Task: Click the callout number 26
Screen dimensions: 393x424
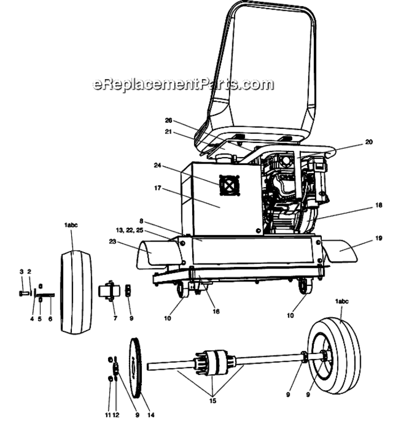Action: (x=169, y=120)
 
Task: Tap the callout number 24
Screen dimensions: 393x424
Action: (x=157, y=165)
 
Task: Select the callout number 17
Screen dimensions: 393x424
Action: (x=158, y=188)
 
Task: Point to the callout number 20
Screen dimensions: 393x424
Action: (x=369, y=142)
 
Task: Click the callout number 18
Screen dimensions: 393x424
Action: (x=379, y=205)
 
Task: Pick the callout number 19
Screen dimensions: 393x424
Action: (x=379, y=238)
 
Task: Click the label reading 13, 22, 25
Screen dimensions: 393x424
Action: (x=129, y=231)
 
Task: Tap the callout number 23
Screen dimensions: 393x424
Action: (x=113, y=241)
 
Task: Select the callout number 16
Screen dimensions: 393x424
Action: (x=216, y=311)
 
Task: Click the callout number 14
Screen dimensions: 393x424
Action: (x=151, y=415)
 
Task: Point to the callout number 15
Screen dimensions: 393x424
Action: (x=213, y=401)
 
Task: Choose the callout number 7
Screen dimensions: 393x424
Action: (x=115, y=318)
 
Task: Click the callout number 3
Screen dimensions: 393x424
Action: (x=21, y=272)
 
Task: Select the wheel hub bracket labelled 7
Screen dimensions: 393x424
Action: (x=109, y=291)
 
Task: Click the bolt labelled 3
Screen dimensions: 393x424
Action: (x=24, y=293)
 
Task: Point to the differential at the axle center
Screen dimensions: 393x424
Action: (x=215, y=363)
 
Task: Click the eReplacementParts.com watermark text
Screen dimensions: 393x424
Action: (x=183, y=84)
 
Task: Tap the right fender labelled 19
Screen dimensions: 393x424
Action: (x=341, y=250)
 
